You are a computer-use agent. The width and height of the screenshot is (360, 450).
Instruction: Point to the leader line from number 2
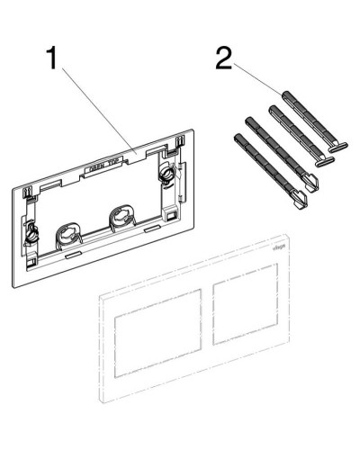(x=261, y=84)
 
